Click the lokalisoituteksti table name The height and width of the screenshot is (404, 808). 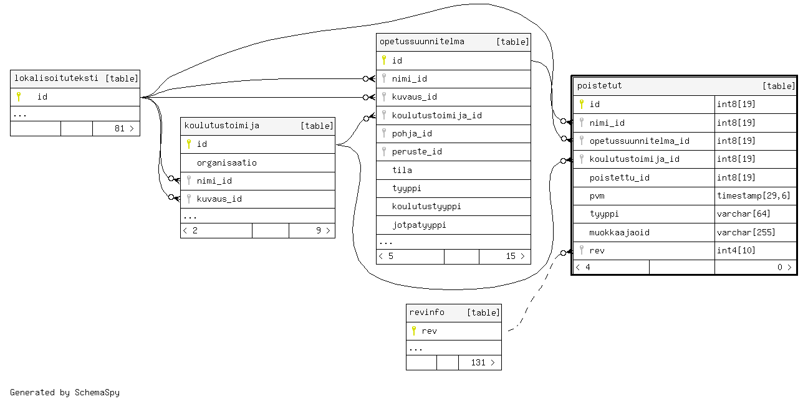pyautogui.click(x=56, y=78)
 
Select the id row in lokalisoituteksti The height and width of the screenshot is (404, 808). pyautogui.click(x=42, y=96)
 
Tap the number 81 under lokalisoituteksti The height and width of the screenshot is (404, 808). pyautogui.click(x=120, y=128)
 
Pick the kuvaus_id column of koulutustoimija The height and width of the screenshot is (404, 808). pyautogui.click(x=219, y=199)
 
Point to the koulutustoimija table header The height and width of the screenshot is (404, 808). pyautogui.click(x=221, y=126)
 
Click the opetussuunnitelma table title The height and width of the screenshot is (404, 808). pyautogui.click(x=422, y=42)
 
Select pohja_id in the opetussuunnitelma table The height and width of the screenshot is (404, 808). pyautogui.click(x=411, y=133)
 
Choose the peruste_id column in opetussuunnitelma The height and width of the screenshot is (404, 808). pyautogui.click(x=416, y=151)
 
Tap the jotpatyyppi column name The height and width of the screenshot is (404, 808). pyautogui.click(x=419, y=225)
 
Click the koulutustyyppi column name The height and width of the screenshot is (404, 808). pyautogui.click(x=426, y=206)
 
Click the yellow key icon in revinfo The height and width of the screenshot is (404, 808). pyautogui.click(x=413, y=331)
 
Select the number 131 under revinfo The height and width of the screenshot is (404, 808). pyautogui.click(x=478, y=362)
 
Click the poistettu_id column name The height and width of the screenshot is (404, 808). pyautogui.click(x=619, y=177)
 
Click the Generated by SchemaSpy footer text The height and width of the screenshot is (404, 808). pyautogui.click(x=65, y=392)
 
